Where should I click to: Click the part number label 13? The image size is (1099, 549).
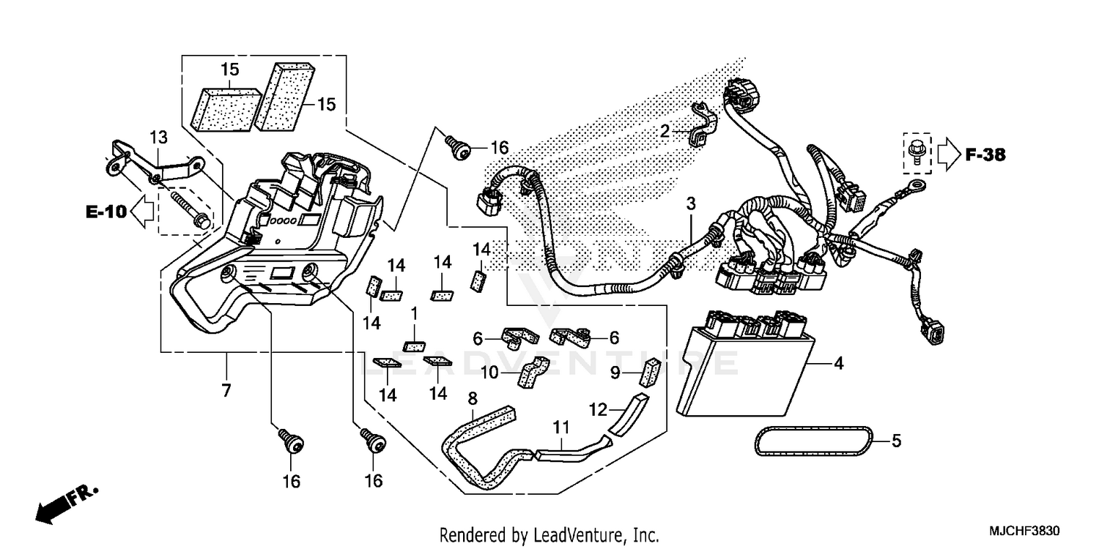(159, 137)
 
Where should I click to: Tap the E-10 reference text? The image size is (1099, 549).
(106, 212)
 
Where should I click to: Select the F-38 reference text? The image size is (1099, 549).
(985, 154)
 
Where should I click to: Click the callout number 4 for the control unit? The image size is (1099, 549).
(838, 363)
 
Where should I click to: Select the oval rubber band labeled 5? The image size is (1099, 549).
(813, 441)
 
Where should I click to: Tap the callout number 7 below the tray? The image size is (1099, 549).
(226, 390)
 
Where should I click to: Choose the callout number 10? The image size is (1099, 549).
(489, 373)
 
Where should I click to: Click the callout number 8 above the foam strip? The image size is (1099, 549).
(473, 398)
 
